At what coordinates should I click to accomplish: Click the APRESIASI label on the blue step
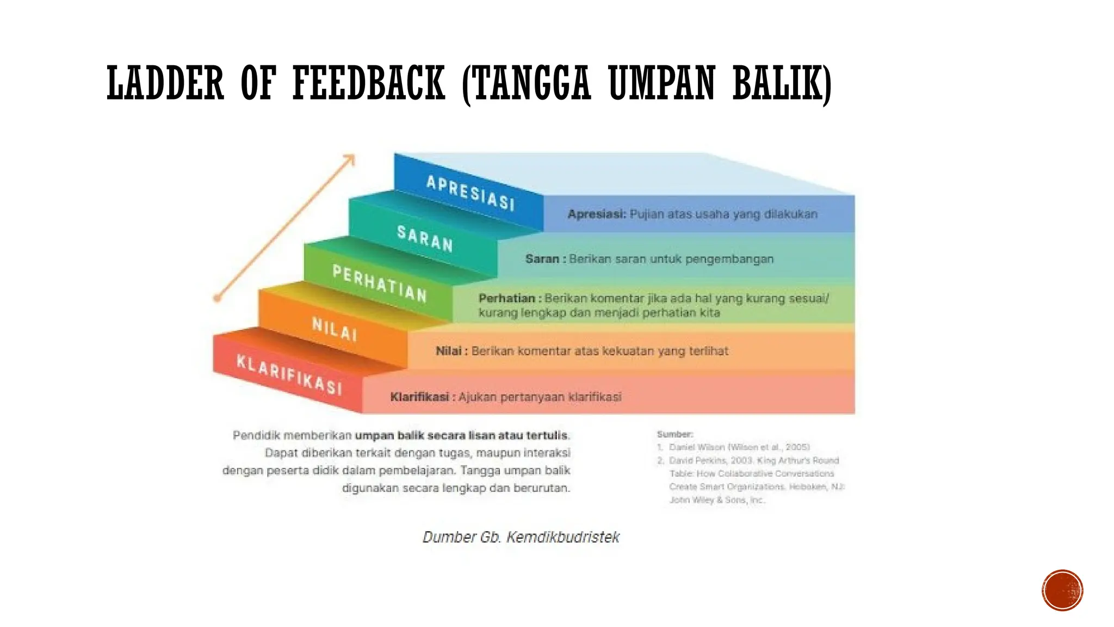pyautogui.click(x=470, y=193)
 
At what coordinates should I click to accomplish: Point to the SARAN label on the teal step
pyautogui.click(x=425, y=239)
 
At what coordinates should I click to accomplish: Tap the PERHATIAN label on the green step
pyautogui.click(x=380, y=284)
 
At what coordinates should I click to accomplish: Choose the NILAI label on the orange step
pyautogui.click(x=335, y=329)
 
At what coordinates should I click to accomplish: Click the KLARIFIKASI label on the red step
pyautogui.click(x=289, y=374)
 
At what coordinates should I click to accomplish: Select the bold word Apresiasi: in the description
pyautogui.click(x=597, y=214)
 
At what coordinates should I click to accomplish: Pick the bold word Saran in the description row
pyautogui.click(x=542, y=259)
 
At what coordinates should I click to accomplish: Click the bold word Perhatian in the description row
pyautogui.click(x=506, y=298)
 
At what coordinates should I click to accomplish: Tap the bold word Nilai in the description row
pyautogui.click(x=448, y=351)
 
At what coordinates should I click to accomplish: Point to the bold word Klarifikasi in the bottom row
pyautogui.click(x=419, y=397)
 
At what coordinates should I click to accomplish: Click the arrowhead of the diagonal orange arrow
pyautogui.click(x=350, y=159)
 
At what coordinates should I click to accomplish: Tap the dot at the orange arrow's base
pyautogui.click(x=217, y=298)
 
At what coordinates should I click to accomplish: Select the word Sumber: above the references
pyautogui.click(x=674, y=434)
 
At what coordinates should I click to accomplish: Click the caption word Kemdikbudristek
pyautogui.click(x=562, y=537)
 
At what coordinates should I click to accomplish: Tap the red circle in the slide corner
pyautogui.click(x=1062, y=590)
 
